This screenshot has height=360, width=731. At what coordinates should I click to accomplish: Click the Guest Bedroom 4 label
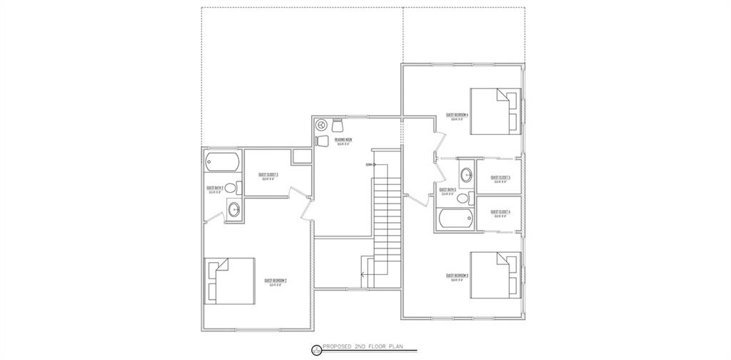[457, 115]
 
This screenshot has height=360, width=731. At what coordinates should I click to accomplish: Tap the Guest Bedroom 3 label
[457, 275]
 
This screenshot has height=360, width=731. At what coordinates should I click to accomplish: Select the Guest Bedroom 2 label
[275, 281]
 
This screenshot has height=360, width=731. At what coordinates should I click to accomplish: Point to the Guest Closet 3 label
[268, 175]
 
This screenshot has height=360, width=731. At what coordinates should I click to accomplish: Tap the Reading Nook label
[343, 140]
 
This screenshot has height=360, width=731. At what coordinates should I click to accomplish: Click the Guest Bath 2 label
[216, 188]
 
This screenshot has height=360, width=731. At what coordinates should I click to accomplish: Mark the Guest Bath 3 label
[448, 190]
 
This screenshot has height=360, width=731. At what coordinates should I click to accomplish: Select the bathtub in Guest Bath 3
[455, 220]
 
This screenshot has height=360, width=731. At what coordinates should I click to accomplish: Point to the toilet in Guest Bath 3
[463, 198]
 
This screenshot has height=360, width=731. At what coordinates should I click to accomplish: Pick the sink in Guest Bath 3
[467, 174]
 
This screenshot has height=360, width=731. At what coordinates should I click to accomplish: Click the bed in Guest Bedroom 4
[495, 111]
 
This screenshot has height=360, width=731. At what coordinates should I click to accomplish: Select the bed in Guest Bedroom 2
[230, 281]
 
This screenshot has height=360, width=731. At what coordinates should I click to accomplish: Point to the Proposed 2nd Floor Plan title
[363, 349]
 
